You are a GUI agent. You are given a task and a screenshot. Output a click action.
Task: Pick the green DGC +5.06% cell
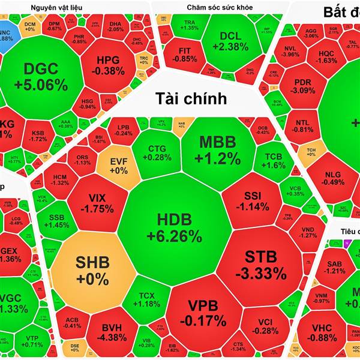45,77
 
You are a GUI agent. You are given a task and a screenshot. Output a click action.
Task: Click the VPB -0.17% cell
202,312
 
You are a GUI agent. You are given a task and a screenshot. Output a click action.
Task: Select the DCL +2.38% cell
230,41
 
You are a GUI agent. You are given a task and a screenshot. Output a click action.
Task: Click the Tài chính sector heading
191,99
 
